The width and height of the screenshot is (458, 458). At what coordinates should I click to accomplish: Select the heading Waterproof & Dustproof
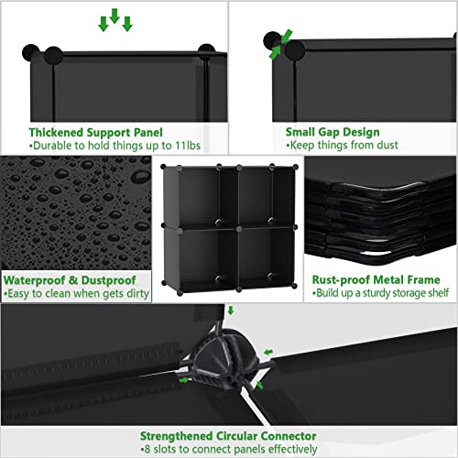70,280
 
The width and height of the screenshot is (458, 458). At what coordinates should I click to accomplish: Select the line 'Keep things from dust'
331,145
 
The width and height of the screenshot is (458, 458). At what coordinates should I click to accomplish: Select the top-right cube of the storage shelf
263,195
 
